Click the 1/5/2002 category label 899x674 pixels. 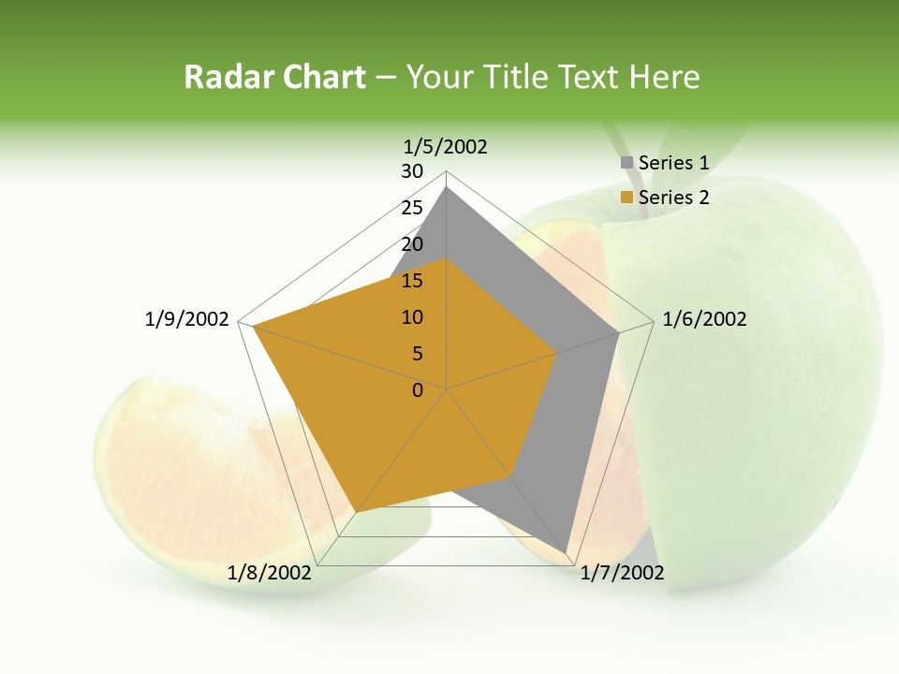[446, 147]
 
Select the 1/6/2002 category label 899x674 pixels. [704, 319]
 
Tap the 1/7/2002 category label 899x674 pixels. [622, 573]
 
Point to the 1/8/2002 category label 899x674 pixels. [269, 573]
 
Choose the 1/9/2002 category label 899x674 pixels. [187, 319]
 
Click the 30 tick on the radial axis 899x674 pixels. [412, 171]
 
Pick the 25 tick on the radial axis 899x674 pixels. [412, 208]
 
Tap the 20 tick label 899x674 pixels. [412, 244]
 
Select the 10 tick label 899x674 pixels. [412, 317]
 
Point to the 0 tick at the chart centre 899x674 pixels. [418, 390]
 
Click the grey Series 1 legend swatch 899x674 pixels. [626, 163]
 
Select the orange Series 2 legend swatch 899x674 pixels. [626, 198]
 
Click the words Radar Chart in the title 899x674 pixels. [274, 77]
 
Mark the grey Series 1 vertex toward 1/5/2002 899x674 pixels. [447, 187]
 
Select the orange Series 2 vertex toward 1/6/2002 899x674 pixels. [557, 353]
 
